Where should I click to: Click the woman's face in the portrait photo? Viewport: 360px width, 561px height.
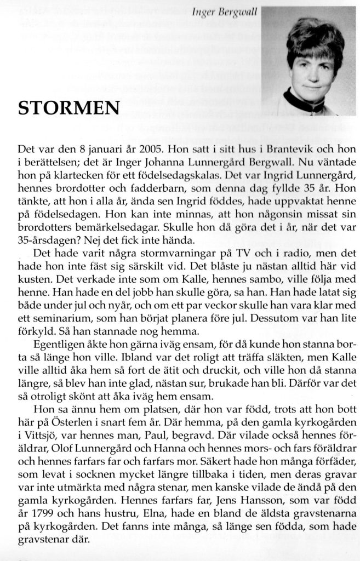[311, 71]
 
